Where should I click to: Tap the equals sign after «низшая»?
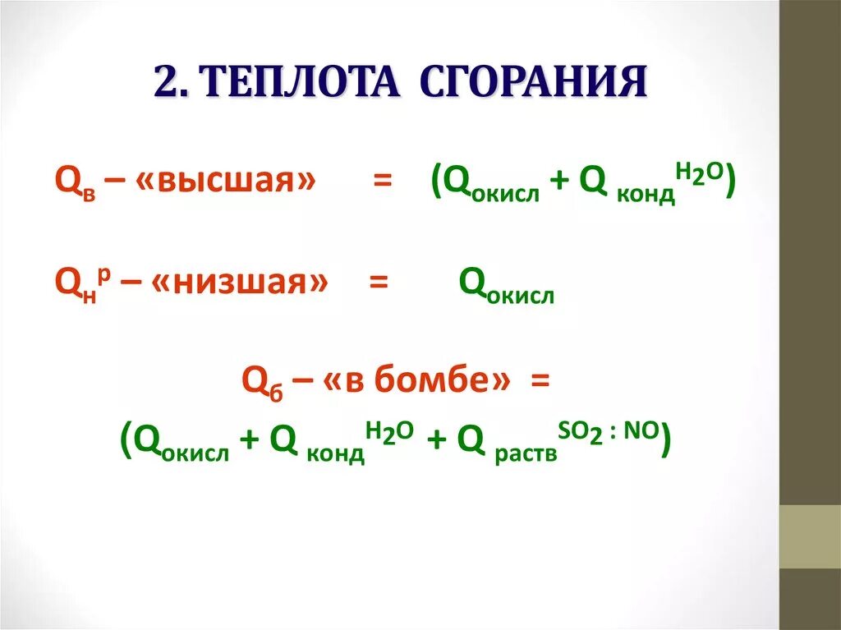(x=378, y=283)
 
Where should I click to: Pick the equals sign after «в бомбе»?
(x=539, y=380)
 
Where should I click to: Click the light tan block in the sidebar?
(x=810, y=536)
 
